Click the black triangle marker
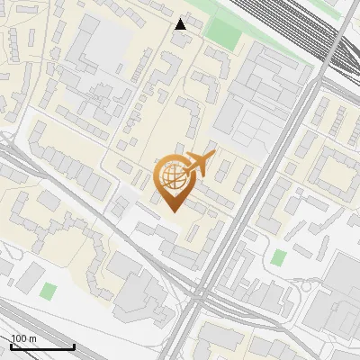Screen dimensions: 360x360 click(x=181, y=24)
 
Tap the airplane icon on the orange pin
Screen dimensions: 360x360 click(x=200, y=165)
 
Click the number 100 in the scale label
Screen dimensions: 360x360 click(x=18, y=338)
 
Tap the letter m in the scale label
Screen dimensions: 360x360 click(x=32, y=338)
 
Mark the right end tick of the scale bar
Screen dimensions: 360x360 click(x=74, y=346)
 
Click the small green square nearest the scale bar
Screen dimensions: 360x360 click(x=48, y=292)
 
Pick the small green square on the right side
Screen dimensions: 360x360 click(x=279, y=258)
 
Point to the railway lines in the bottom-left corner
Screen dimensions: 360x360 click(x=27, y=319)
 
